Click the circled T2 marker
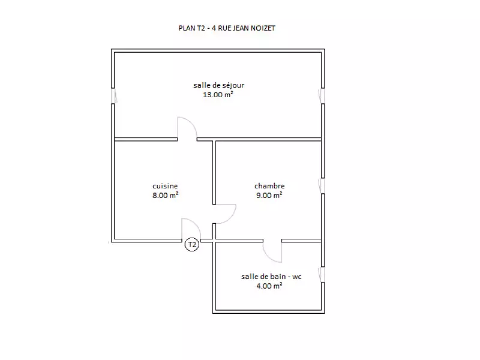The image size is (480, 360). point(192,244)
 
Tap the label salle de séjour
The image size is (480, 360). point(218,85)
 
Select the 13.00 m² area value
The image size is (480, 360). point(218,94)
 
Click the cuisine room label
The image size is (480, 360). point(165,186)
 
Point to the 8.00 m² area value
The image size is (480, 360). point(165,195)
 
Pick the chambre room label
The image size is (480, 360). point(269,186)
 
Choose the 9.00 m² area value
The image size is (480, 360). point(269,195)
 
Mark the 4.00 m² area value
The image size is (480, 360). point(269,286)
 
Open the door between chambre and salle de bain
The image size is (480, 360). point(272,251)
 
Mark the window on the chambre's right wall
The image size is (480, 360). point(322,185)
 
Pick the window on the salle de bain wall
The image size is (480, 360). point(322,275)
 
